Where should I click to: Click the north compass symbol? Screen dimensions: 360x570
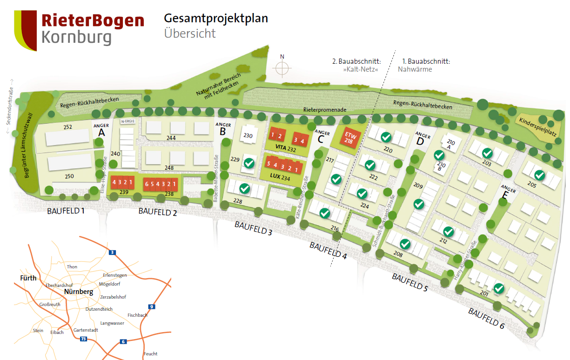pos(282,68)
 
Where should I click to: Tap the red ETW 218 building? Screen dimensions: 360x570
pos(349,138)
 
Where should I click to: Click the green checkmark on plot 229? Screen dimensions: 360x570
pos(249,163)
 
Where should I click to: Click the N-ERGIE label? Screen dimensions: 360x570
pos(127,122)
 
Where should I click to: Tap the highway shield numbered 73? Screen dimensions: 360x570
pos(83,339)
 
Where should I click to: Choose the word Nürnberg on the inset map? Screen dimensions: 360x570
pos(79,292)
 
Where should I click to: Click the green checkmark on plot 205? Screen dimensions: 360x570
pos(539,175)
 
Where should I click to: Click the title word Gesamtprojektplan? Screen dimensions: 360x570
pos(216,19)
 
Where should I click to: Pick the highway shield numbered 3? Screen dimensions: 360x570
pos(112,253)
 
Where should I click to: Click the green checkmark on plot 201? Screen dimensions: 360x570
pos(499,289)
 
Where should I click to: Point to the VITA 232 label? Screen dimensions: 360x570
pos(285,149)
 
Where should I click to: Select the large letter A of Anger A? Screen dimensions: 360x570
pos(101,133)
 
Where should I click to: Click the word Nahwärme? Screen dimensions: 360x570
pos(415,69)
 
